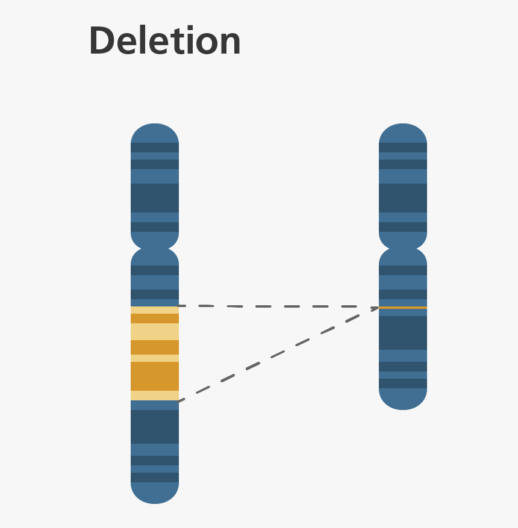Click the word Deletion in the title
pos(164,41)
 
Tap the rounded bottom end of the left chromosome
pos(155,495)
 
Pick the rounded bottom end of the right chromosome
pos(403,401)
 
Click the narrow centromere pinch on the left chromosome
pos(155,249)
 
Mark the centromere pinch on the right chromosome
pos(403,249)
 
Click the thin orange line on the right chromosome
pos(403,308)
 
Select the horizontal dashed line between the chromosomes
pos(277,306)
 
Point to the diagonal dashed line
pos(277,355)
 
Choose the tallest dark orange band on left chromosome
pos(155,376)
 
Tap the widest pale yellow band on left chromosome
pos(155,332)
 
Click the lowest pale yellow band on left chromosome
pos(155,396)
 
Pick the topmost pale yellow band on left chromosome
pos(155,310)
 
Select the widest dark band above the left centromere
pos(155,197)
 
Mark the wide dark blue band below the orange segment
pos(155,426)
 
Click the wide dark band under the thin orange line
pos(403,332)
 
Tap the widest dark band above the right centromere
pos(403,197)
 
